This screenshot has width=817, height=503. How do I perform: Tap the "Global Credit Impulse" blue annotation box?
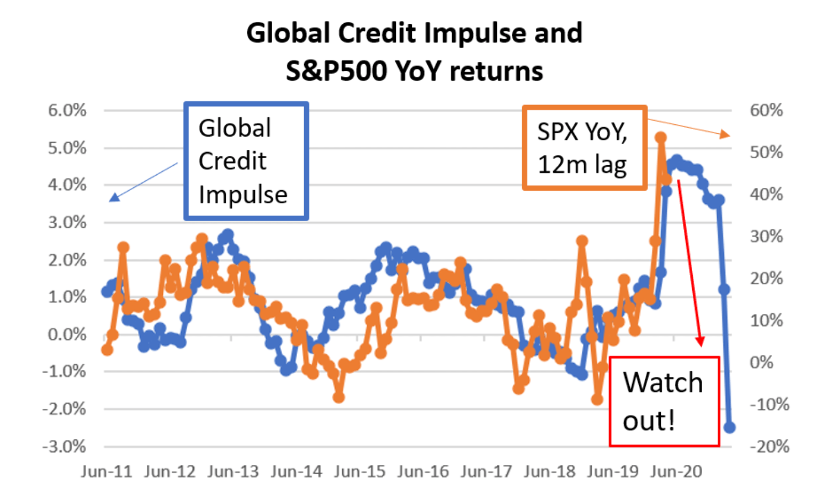[x=246, y=161]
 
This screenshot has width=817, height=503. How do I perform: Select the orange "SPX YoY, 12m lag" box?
[x=584, y=148]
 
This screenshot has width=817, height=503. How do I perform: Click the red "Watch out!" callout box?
[x=664, y=401]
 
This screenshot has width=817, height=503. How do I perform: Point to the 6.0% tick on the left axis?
[x=67, y=111]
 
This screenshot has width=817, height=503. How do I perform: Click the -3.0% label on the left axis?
[x=65, y=446]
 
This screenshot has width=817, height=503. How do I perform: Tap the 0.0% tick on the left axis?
[x=67, y=334]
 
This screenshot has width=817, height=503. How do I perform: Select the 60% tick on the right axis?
[x=766, y=111]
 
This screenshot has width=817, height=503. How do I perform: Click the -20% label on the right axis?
[x=769, y=446]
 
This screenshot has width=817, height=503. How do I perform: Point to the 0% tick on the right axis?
[x=761, y=363]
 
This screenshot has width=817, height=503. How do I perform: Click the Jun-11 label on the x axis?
[x=107, y=471]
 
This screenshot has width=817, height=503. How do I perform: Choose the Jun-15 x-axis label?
[x=360, y=471]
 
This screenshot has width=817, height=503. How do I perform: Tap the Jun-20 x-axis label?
[x=676, y=471]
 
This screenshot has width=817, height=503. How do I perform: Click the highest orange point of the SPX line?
[x=661, y=138]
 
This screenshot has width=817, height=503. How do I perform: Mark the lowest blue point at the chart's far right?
[x=729, y=427]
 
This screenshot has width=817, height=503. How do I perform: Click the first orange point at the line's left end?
[x=107, y=349]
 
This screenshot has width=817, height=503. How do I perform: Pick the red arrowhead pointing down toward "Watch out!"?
[x=700, y=341]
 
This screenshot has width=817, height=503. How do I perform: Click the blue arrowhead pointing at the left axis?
[x=114, y=197]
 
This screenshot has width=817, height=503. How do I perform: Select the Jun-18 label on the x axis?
[x=549, y=471]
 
